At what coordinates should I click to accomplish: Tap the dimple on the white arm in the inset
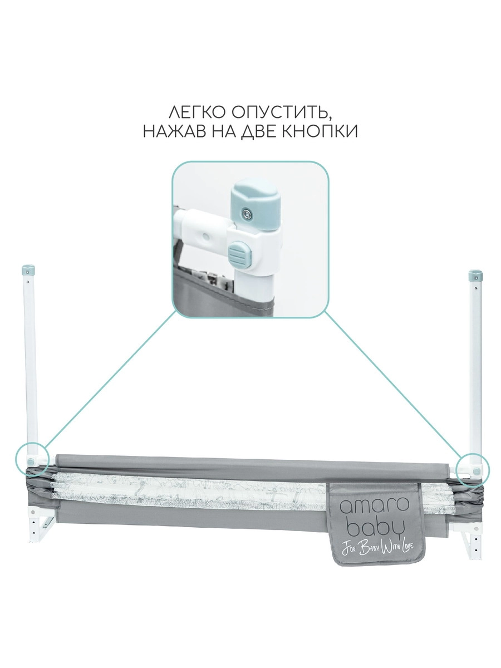(207, 237)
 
